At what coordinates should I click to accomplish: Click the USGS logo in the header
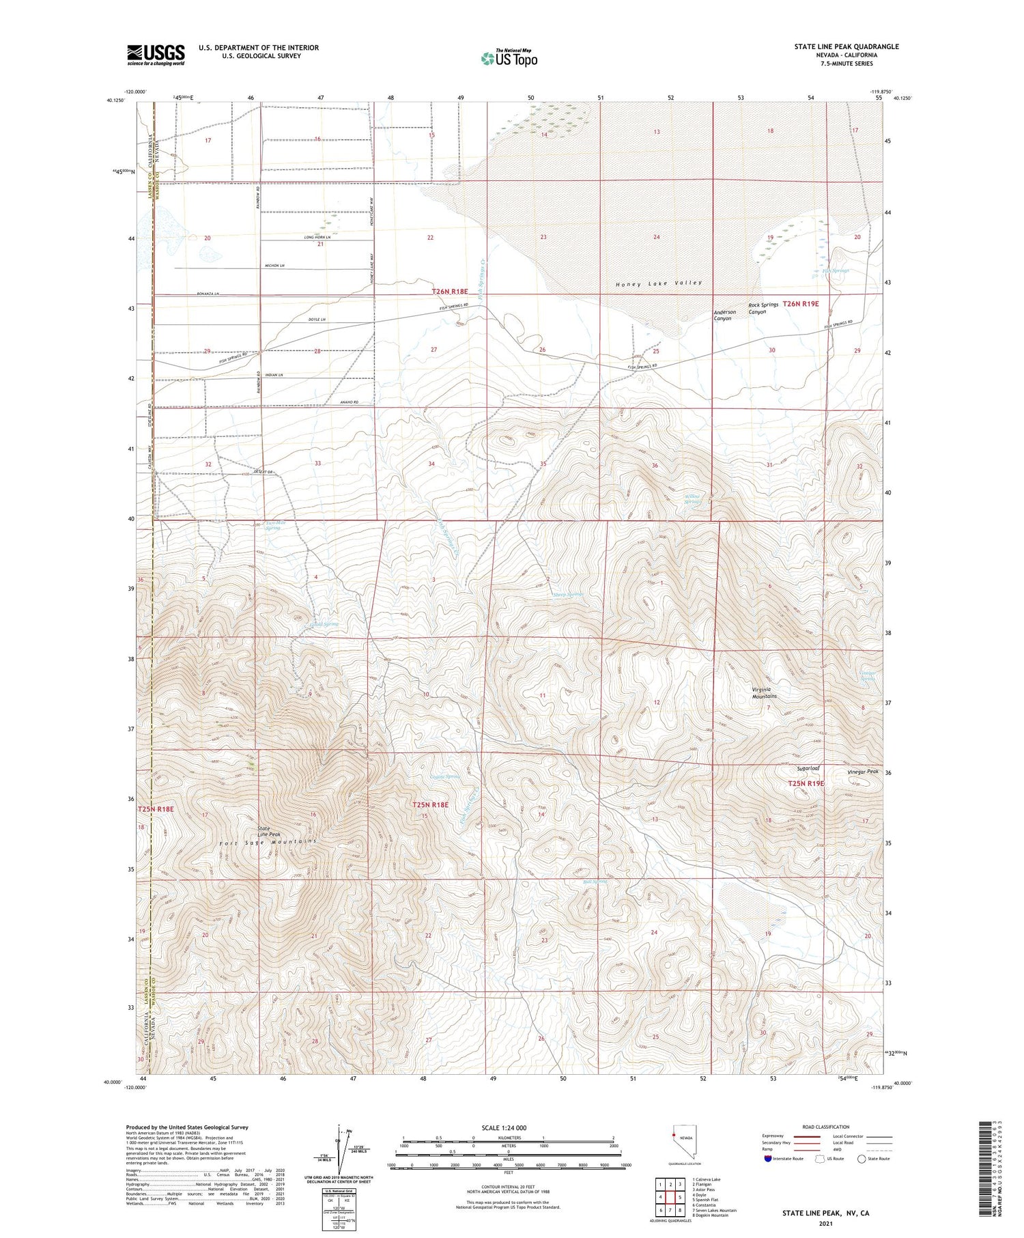[156, 55]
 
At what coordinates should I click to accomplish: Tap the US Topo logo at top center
[509, 59]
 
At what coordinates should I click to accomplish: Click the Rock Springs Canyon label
[763, 309]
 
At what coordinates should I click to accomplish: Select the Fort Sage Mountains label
[268, 842]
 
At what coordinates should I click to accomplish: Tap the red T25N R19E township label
[806, 783]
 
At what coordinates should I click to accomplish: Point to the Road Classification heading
[826, 1127]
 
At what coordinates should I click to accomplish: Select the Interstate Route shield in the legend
[768, 1159]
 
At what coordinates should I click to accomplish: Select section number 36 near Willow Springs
[655, 466]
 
